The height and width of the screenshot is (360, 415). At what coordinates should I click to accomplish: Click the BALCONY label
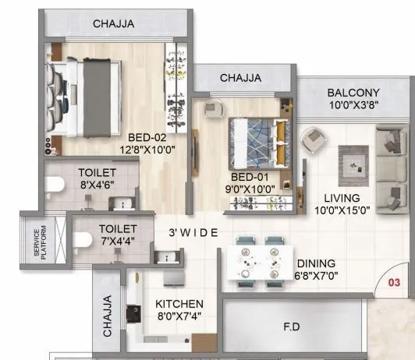click(354, 92)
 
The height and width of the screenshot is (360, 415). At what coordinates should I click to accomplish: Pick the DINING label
click(316, 263)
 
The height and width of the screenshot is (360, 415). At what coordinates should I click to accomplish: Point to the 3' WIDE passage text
click(195, 233)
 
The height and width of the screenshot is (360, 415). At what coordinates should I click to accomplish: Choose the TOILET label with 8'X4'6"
click(98, 172)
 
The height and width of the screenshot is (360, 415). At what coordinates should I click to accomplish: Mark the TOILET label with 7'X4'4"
click(118, 229)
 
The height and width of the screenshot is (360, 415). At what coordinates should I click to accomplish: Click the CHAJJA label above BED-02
click(114, 24)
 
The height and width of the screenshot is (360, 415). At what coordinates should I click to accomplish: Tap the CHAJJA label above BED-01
click(241, 78)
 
